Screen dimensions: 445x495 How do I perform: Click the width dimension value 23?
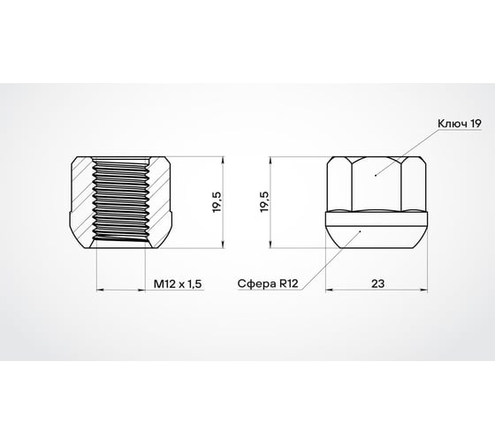click(378, 284)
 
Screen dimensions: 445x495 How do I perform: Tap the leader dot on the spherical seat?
click(362, 230)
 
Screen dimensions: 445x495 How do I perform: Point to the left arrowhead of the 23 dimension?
click(330, 290)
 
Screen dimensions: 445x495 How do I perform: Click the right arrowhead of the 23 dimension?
click(425, 290)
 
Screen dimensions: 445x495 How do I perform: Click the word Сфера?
click(252, 285)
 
